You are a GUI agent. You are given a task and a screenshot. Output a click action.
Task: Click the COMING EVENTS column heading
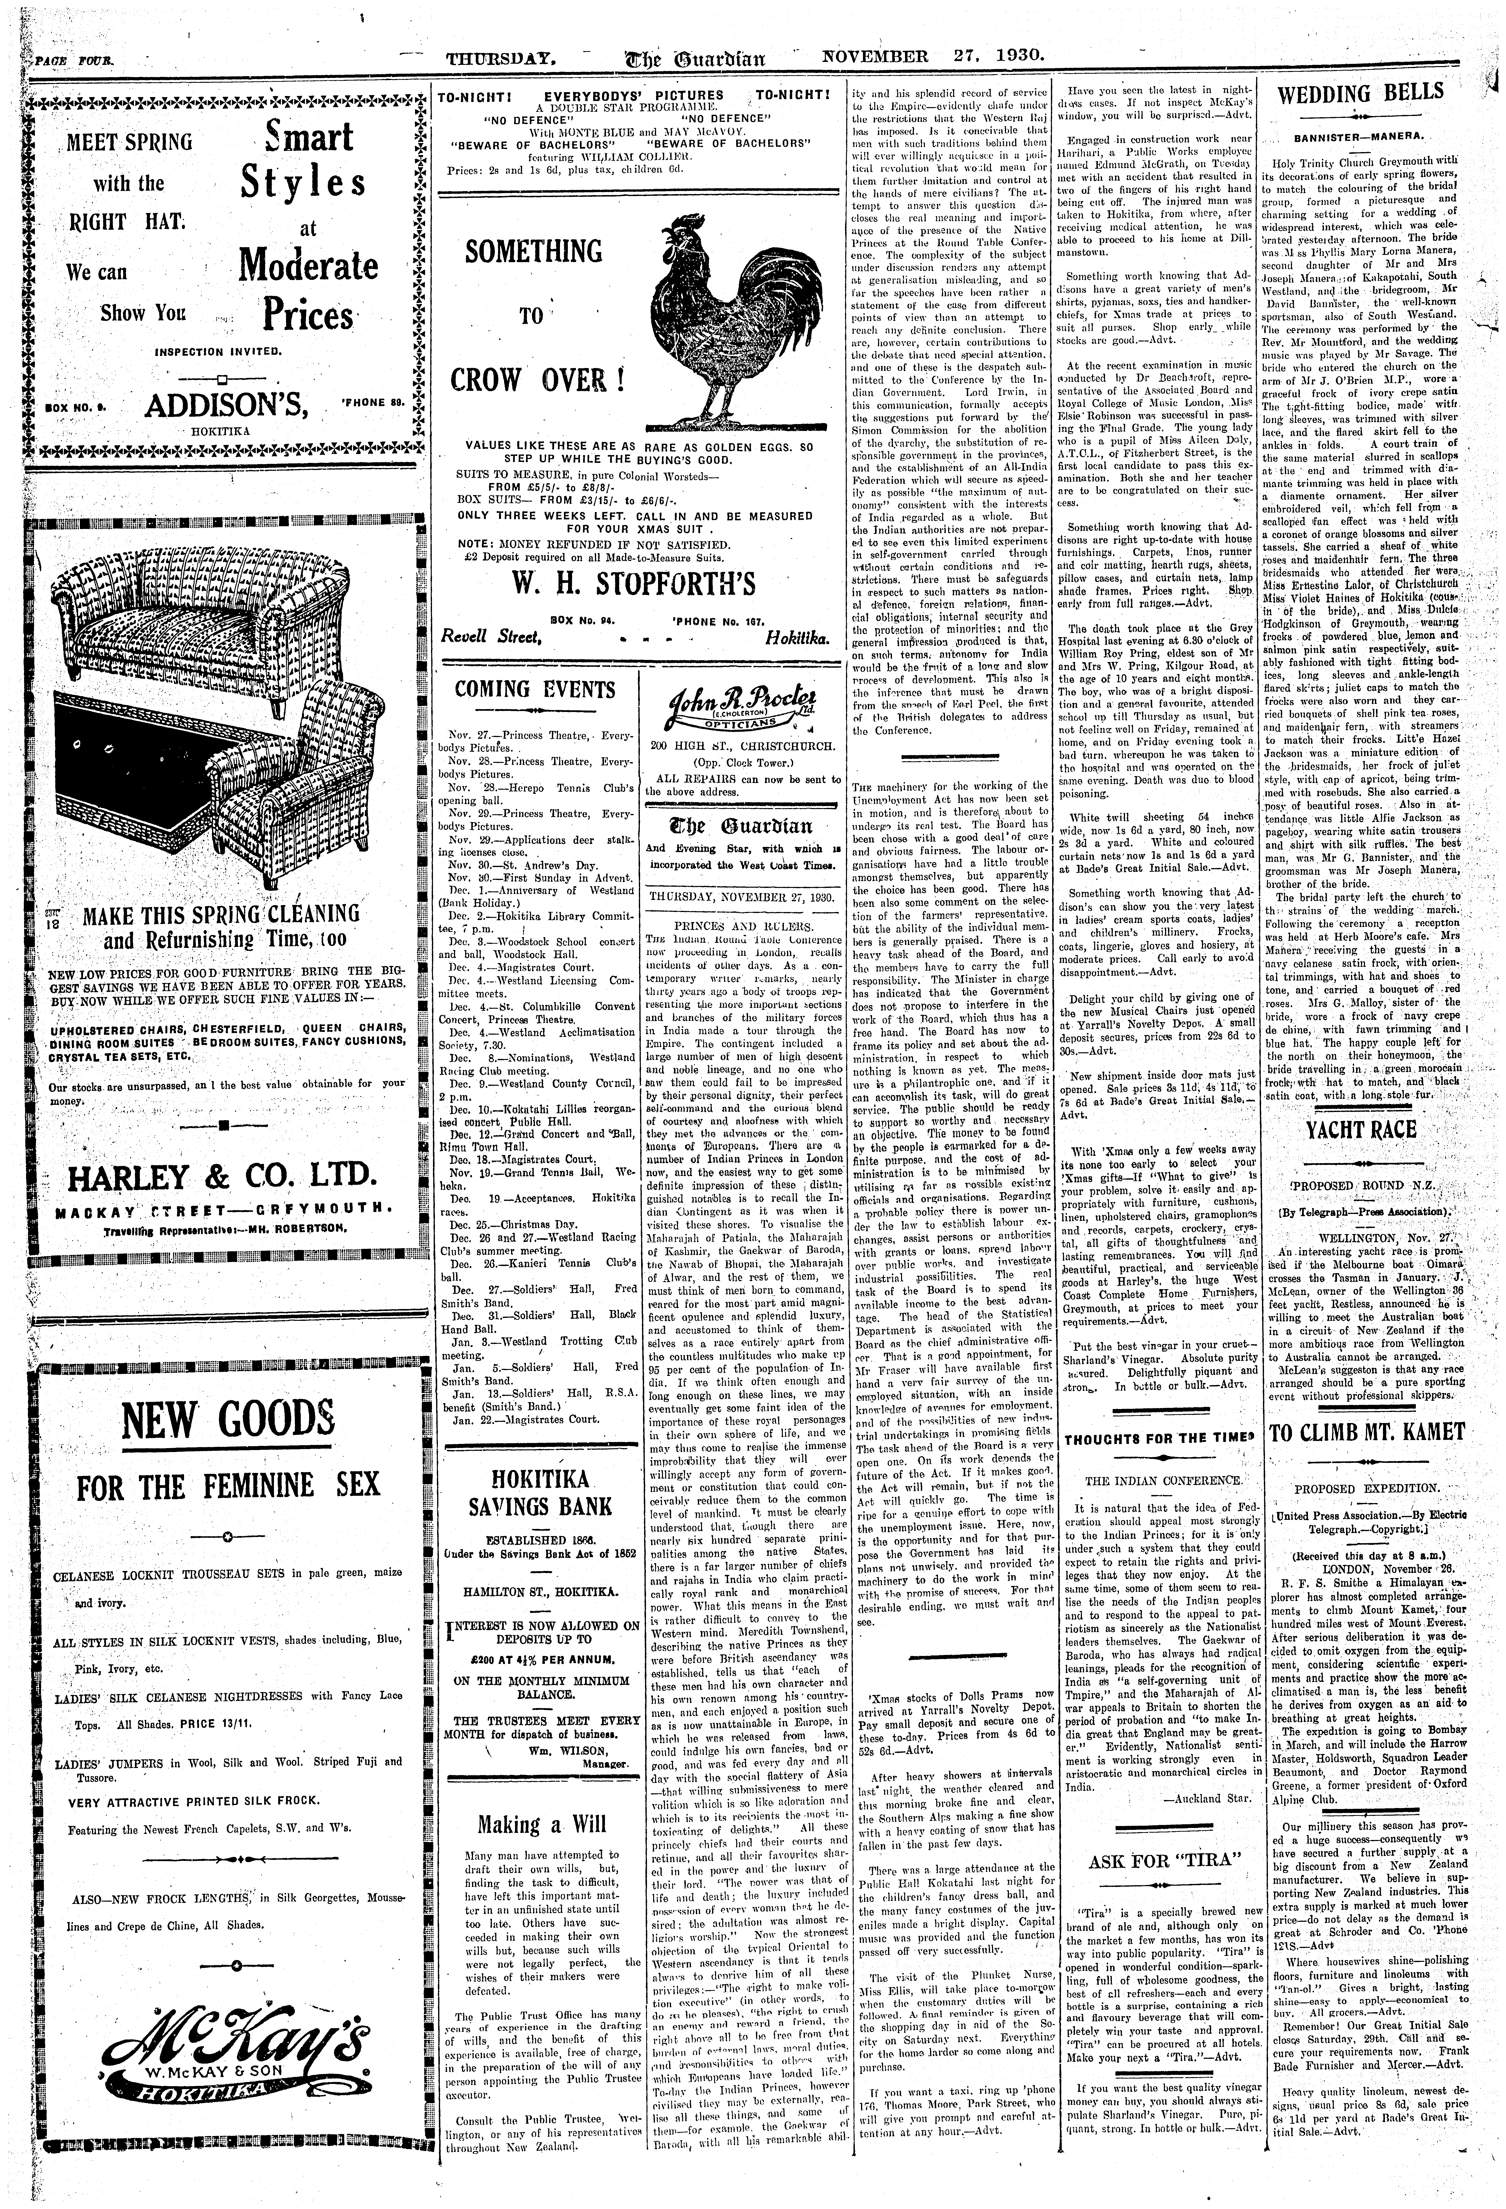click(534, 689)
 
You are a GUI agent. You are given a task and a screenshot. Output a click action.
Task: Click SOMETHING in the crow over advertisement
click(533, 252)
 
